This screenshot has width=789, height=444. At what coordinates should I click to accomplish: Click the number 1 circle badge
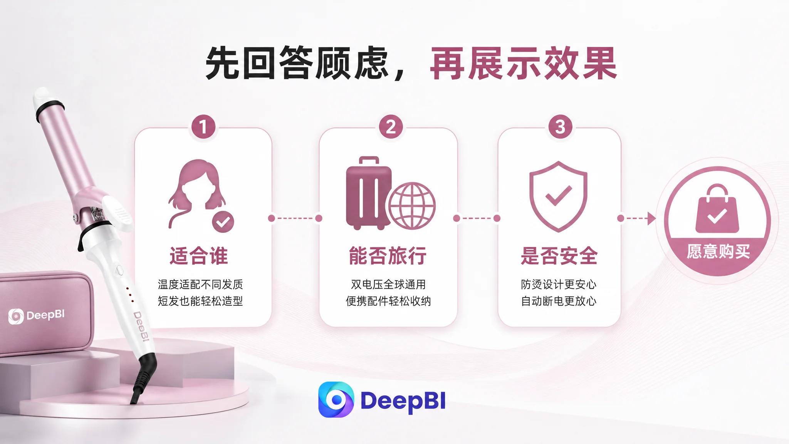(x=203, y=127)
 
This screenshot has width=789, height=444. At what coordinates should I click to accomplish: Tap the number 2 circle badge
(x=391, y=127)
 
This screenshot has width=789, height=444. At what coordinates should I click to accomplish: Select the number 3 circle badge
(x=560, y=127)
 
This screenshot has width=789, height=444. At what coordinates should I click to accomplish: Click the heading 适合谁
(x=199, y=256)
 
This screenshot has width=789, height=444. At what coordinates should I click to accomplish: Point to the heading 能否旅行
(x=388, y=256)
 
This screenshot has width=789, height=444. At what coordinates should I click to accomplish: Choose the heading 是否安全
(x=559, y=256)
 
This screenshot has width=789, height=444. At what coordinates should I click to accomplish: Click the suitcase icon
(x=368, y=193)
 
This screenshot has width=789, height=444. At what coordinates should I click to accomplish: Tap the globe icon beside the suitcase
(x=412, y=206)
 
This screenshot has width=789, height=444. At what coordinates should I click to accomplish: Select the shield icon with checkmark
(x=558, y=197)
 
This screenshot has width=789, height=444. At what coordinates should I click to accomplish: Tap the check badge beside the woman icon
(x=223, y=222)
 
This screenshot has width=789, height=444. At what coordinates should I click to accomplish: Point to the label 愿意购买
(x=718, y=252)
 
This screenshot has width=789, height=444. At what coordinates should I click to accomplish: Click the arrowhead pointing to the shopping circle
(x=651, y=219)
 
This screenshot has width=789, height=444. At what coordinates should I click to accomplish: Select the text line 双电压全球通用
(x=388, y=284)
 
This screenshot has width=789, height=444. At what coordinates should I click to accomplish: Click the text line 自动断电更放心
(x=559, y=301)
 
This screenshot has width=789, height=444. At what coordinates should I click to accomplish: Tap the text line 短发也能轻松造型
(x=200, y=301)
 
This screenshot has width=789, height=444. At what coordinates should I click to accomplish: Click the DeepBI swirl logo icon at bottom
(x=336, y=400)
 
